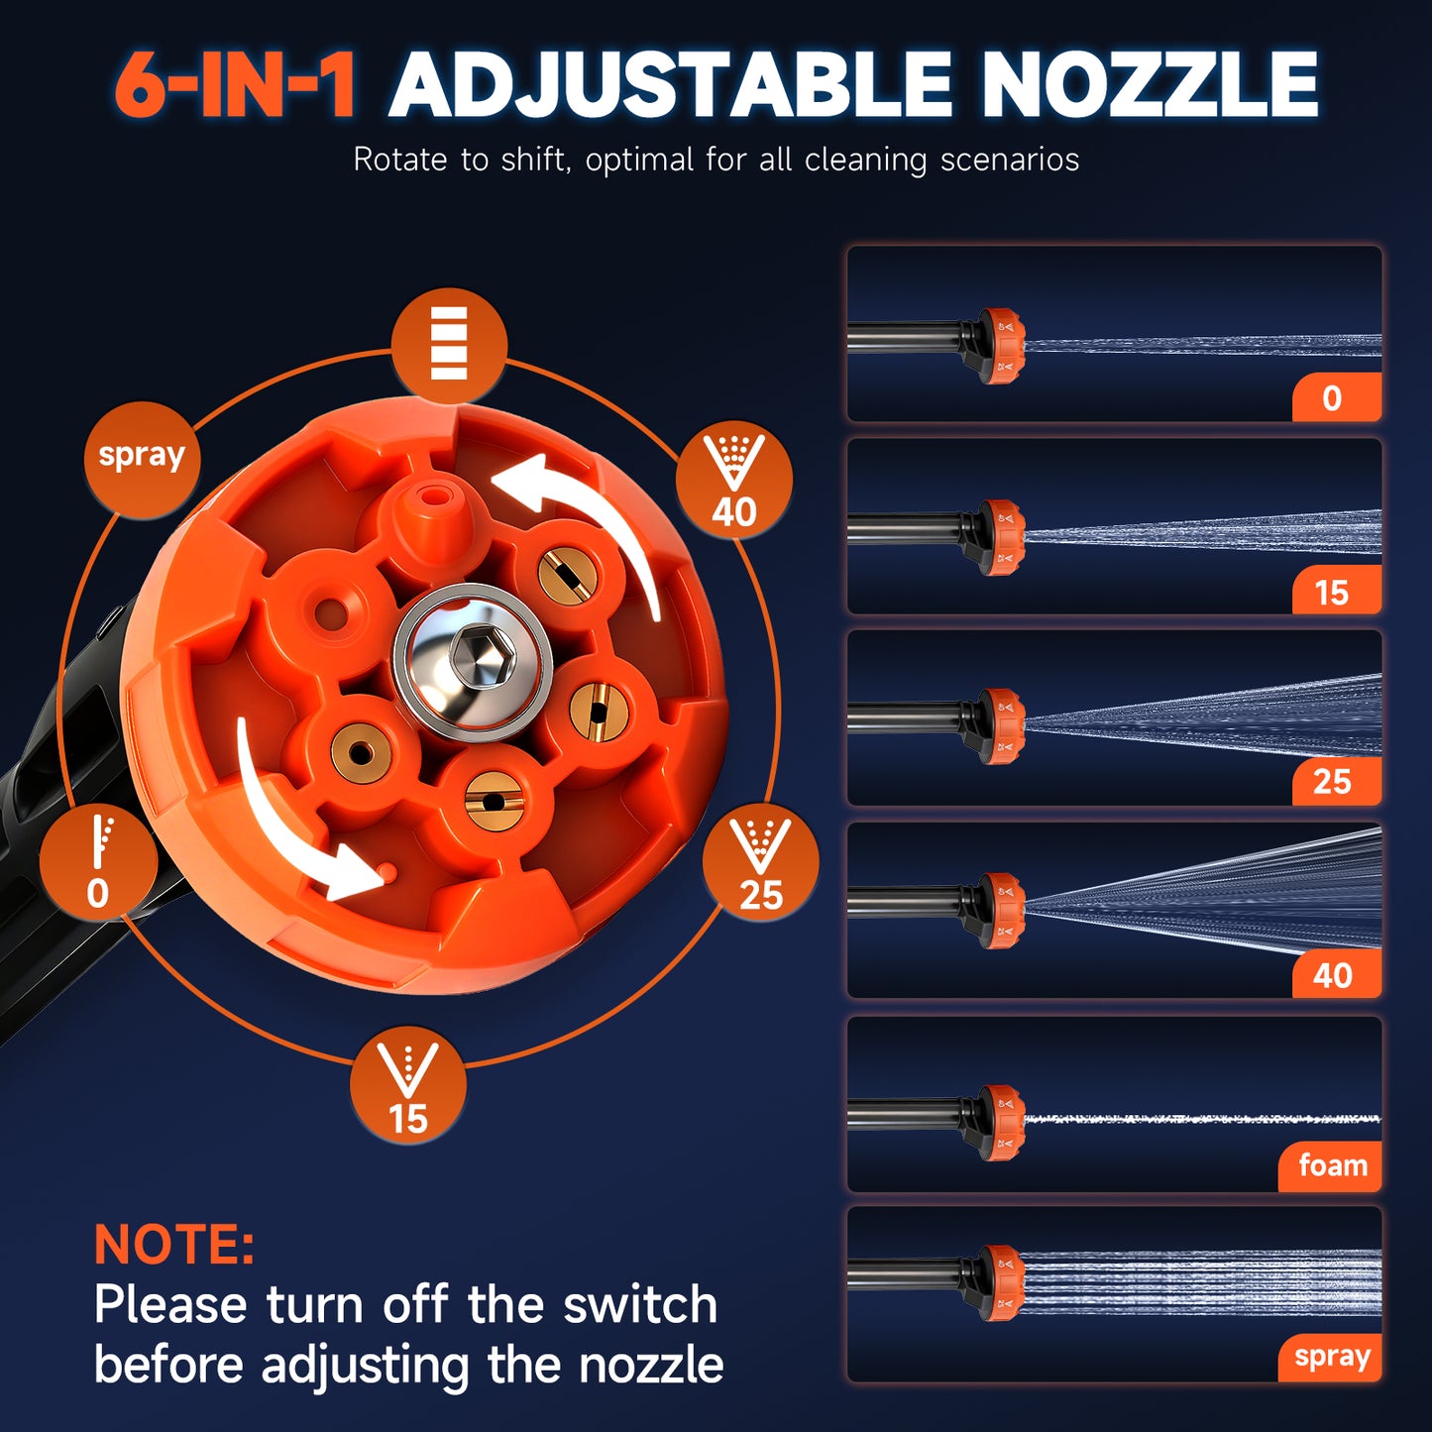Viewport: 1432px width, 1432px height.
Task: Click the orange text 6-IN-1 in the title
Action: [235, 85]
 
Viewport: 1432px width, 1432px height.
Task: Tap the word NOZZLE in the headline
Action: [1150, 85]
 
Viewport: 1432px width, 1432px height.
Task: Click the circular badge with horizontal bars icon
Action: [449, 344]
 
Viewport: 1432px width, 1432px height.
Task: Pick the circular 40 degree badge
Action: [734, 482]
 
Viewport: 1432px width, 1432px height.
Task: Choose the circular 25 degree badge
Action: [760, 865]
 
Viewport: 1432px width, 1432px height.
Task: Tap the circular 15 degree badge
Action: [408, 1087]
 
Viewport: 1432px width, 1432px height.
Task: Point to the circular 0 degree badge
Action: [98, 863]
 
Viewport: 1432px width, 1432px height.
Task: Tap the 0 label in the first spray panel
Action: [1334, 398]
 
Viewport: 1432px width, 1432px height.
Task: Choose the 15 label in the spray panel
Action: [1334, 592]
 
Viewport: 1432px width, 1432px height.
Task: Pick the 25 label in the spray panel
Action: [1334, 782]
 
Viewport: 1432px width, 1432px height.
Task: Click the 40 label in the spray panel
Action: [1334, 975]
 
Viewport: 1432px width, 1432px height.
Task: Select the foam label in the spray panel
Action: [1332, 1165]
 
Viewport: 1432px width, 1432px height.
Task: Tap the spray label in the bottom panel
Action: [1331, 1357]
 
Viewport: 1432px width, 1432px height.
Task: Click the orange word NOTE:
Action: [174, 1245]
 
